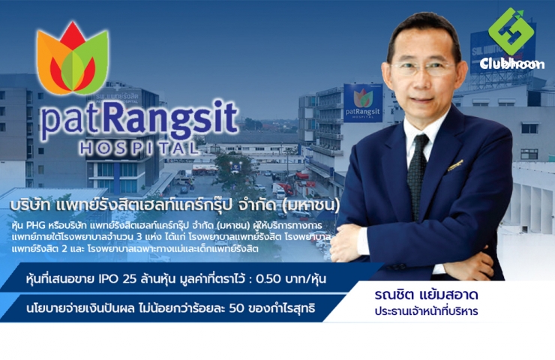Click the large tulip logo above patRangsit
(x=73, y=58)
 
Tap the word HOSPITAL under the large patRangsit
(x=139, y=148)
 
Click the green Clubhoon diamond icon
(x=511, y=31)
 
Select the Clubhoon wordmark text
(x=512, y=64)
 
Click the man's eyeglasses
(x=423, y=68)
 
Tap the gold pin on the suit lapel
(x=455, y=165)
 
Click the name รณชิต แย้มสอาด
(x=426, y=295)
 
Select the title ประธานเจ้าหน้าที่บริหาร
(x=426, y=311)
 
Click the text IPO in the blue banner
(x=108, y=279)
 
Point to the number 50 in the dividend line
(x=237, y=308)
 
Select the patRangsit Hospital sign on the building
(x=363, y=103)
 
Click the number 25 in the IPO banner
(x=128, y=279)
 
